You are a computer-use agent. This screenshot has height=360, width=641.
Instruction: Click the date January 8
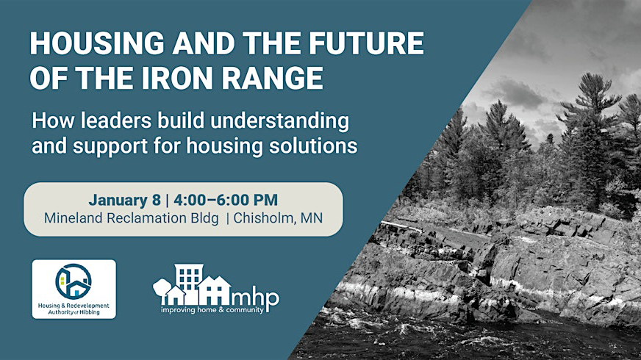(121, 200)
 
